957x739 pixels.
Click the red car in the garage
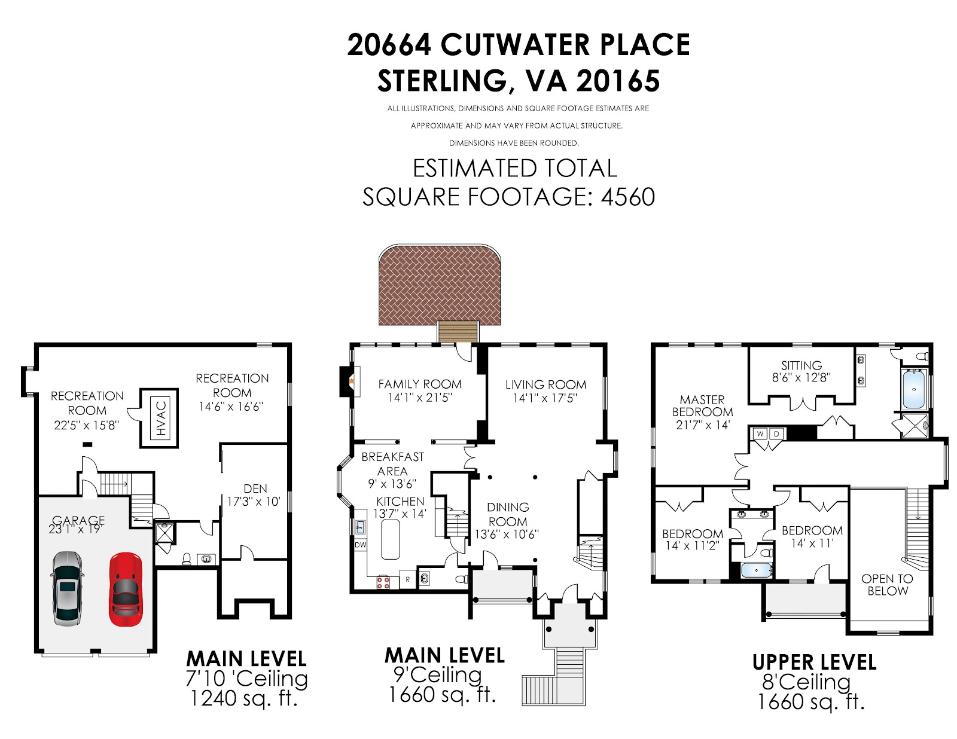click(x=126, y=590)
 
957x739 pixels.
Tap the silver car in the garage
click(x=67, y=588)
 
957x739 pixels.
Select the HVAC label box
click(x=161, y=418)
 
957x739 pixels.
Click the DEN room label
click(x=255, y=488)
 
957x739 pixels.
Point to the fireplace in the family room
click(x=349, y=381)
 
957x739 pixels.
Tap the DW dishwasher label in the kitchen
click(x=360, y=545)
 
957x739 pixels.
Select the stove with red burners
click(x=383, y=582)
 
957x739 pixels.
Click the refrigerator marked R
click(x=408, y=580)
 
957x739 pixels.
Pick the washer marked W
click(x=760, y=433)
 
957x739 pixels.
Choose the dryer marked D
click(x=777, y=433)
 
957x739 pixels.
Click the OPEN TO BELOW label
click(x=888, y=585)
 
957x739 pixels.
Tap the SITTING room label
click(x=801, y=365)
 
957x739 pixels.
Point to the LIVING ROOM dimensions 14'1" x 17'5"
click(x=545, y=398)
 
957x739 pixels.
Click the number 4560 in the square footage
click(x=628, y=197)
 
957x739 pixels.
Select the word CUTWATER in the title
click(x=514, y=45)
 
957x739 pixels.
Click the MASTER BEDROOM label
click(x=702, y=406)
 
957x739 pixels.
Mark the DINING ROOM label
click(x=508, y=514)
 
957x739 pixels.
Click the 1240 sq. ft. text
click(x=243, y=698)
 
